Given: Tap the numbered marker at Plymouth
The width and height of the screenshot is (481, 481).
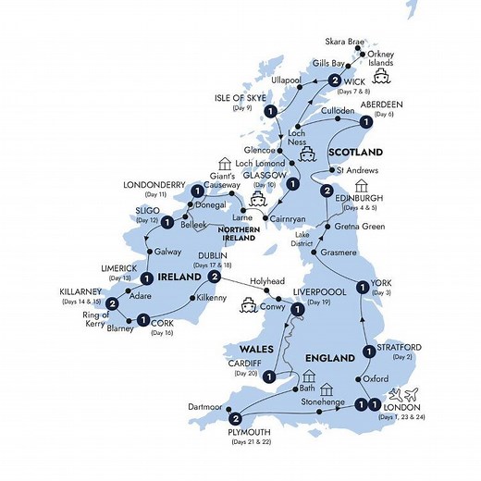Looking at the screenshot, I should tap(237, 418).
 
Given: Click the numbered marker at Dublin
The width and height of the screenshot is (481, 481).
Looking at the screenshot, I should tap(214, 277).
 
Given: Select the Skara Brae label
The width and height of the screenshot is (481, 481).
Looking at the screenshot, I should tap(347, 43).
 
